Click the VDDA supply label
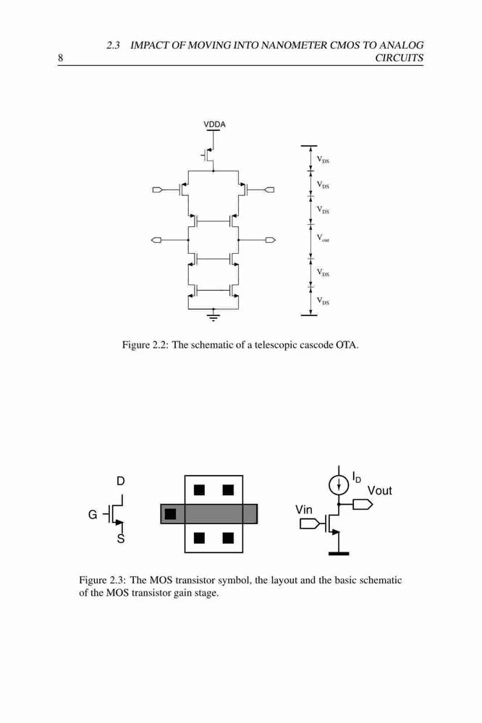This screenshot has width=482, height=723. pos(214,124)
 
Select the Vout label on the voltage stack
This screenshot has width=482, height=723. pos(323,238)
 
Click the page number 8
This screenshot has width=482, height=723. pos(60,58)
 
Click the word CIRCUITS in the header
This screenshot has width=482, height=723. pos(399,58)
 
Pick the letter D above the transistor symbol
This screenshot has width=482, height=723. pos(120,481)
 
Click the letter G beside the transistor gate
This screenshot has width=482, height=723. pos(93,514)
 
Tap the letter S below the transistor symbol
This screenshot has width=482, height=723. pos(120,539)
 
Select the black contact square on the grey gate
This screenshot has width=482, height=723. pos(170,513)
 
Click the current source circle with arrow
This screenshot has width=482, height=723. pos(339,484)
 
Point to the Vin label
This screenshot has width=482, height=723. pos(304,510)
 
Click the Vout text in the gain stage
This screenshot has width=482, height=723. pos(379,491)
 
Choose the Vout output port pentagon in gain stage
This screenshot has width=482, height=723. pos(363,505)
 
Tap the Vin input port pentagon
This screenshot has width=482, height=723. pos(310,523)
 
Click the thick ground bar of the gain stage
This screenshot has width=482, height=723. pos(339,553)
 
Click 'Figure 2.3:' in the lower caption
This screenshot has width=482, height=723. pos(102,580)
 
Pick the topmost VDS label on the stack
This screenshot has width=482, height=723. pos(323,160)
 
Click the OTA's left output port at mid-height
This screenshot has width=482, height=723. pos(156,240)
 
